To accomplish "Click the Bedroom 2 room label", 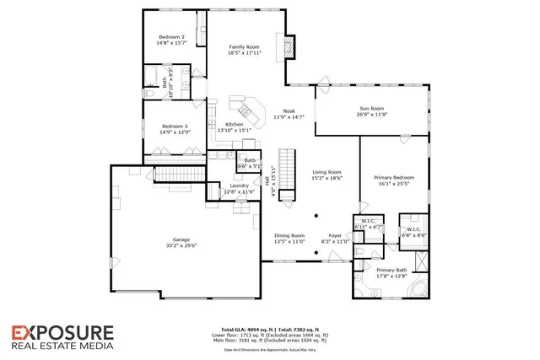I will [172, 38].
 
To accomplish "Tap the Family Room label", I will [243, 46].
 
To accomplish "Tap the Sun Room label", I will [372, 109].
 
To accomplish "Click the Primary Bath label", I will [391, 269].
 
